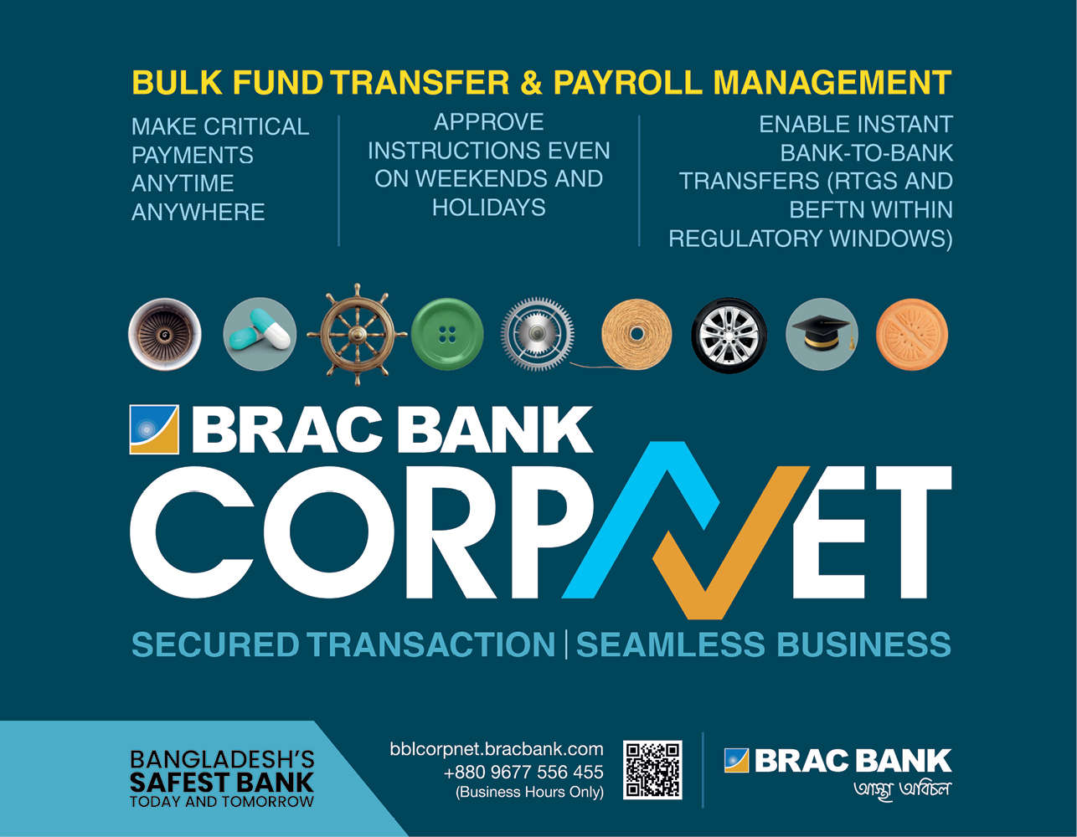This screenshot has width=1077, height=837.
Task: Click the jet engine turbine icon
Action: click(x=164, y=334)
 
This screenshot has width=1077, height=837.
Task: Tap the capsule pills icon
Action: click(x=260, y=334)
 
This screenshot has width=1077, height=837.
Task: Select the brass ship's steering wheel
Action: click(x=357, y=334)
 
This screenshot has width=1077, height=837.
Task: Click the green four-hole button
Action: click(x=447, y=334)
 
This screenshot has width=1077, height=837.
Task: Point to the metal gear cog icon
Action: click(x=538, y=334)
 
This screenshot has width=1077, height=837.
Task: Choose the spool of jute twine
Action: click(x=636, y=335)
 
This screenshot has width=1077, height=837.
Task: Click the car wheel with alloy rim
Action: click(x=729, y=336)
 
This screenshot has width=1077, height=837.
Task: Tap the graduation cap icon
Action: click(x=822, y=334)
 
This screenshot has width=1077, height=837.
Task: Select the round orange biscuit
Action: click(x=912, y=334)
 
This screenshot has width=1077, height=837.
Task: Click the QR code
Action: click(x=652, y=770)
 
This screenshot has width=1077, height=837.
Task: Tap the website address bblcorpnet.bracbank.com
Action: click(x=497, y=749)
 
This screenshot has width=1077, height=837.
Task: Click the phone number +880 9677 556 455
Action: click(x=523, y=772)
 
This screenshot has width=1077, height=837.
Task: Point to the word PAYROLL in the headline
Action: click(x=628, y=82)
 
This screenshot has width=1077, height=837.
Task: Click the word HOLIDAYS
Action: click(x=489, y=208)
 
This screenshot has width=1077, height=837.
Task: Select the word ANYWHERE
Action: click(x=198, y=213)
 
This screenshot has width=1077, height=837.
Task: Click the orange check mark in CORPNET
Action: click(x=731, y=543)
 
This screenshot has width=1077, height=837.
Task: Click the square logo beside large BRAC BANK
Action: click(x=154, y=429)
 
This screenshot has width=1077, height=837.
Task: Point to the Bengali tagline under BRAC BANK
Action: click(x=902, y=789)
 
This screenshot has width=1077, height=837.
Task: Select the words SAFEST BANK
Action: click(x=222, y=783)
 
